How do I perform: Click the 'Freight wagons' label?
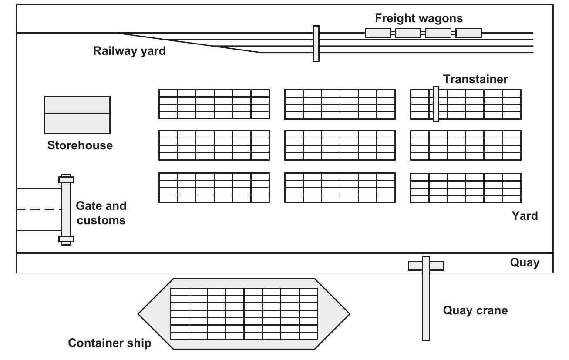pyautogui.click(x=419, y=18)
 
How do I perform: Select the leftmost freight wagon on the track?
pyautogui.click(x=377, y=33)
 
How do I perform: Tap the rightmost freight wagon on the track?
pyautogui.click(x=468, y=33)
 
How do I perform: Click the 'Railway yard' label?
pyautogui.click(x=129, y=51)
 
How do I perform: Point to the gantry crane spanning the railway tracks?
pyautogui.click(x=316, y=44)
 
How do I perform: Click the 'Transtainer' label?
pyautogui.click(x=475, y=79)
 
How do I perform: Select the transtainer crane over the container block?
pyautogui.click(x=436, y=104)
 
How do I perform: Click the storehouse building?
pyautogui.click(x=77, y=115)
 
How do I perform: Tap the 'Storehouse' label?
pyautogui.click(x=80, y=145)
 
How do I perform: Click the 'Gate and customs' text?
pyautogui.click(x=101, y=213)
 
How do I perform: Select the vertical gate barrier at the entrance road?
pyautogui.click(x=66, y=209)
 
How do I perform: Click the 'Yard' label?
pyautogui.click(x=525, y=216)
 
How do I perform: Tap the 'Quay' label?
pyautogui.click(x=525, y=263)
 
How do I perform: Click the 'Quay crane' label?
pyautogui.click(x=475, y=311)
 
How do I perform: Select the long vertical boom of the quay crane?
pyautogui.click(x=426, y=305)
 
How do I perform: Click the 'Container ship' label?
pyautogui.click(x=110, y=343)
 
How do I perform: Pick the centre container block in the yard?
pyautogui.click(x=340, y=145)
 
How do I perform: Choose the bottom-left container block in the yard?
pyautogui.click(x=214, y=188)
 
